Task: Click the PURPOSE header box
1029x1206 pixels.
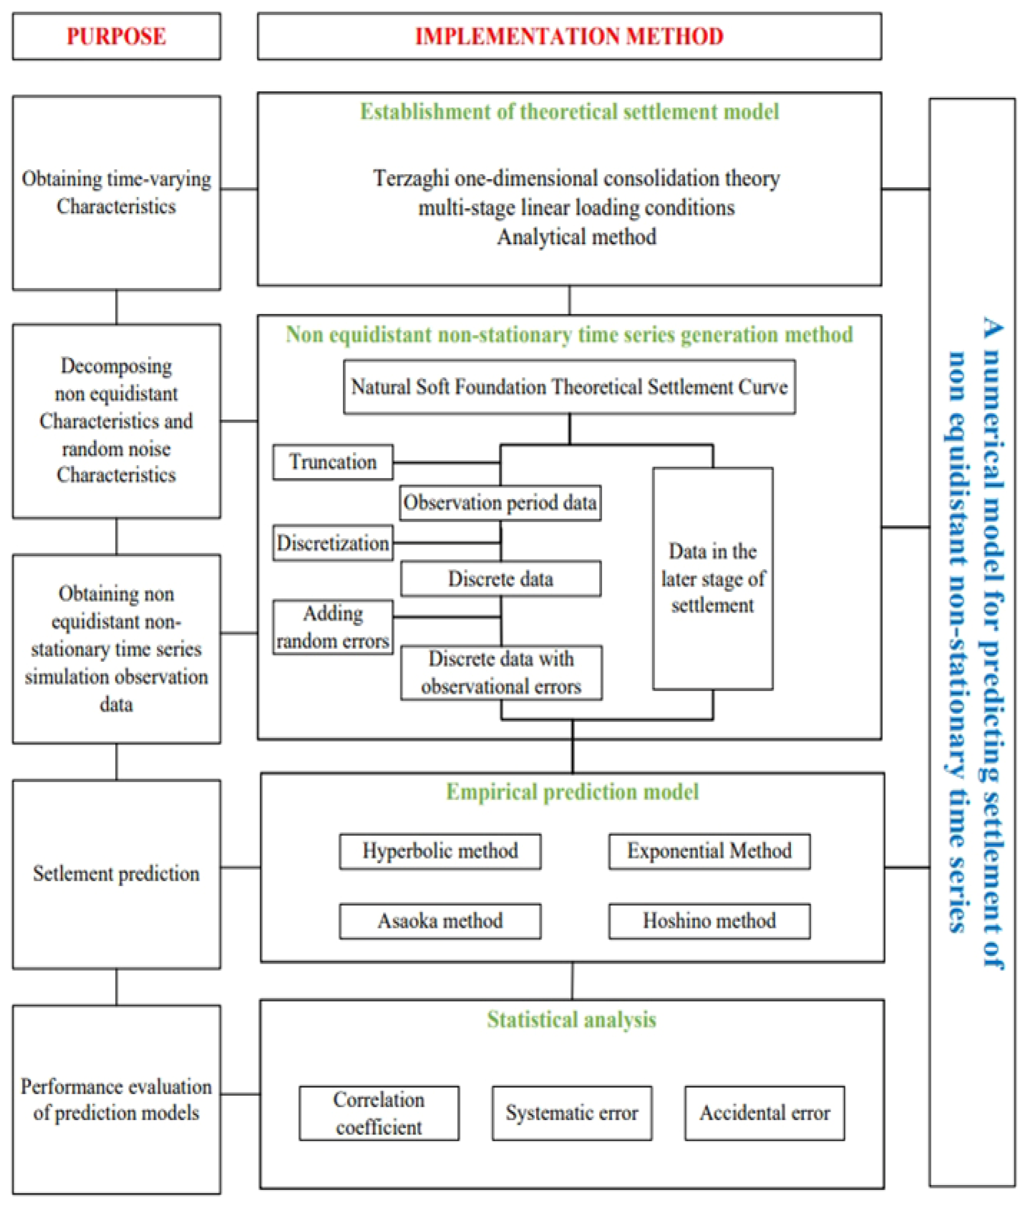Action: [x=116, y=36]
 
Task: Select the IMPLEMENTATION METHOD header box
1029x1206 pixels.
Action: [x=569, y=36]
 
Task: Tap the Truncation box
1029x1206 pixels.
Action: [x=333, y=462]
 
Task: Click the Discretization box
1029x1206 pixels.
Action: [x=333, y=543]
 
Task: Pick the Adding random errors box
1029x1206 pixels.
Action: [x=333, y=627]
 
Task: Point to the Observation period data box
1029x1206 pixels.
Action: [x=501, y=503]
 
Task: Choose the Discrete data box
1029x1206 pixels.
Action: [x=501, y=579]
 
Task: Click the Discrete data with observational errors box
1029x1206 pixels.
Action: [x=501, y=673]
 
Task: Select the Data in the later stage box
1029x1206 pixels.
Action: [x=713, y=579]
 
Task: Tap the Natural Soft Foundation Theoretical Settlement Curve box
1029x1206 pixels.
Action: [x=569, y=387]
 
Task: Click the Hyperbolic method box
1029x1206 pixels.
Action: [x=440, y=852]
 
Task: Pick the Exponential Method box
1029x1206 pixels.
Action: [x=709, y=852]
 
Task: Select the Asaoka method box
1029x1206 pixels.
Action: [x=440, y=921]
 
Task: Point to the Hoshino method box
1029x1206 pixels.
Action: [x=709, y=921]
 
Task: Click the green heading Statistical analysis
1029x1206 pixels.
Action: [x=572, y=1020]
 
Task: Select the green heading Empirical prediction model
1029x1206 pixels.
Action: [x=572, y=792]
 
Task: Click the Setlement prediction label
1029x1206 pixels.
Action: [x=116, y=874]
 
